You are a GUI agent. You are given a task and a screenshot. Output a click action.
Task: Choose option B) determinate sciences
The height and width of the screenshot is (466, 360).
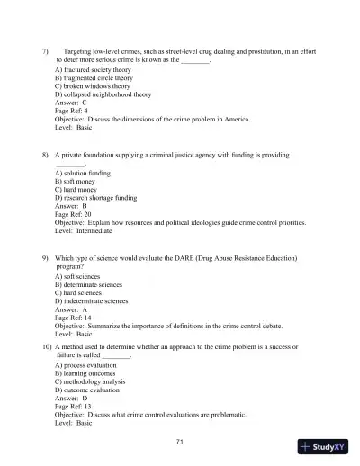pos(92,284)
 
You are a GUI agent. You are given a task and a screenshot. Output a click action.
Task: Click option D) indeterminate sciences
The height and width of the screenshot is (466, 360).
pos(94,301)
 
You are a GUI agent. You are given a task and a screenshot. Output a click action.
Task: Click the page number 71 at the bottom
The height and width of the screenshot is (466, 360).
pos(180,442)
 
